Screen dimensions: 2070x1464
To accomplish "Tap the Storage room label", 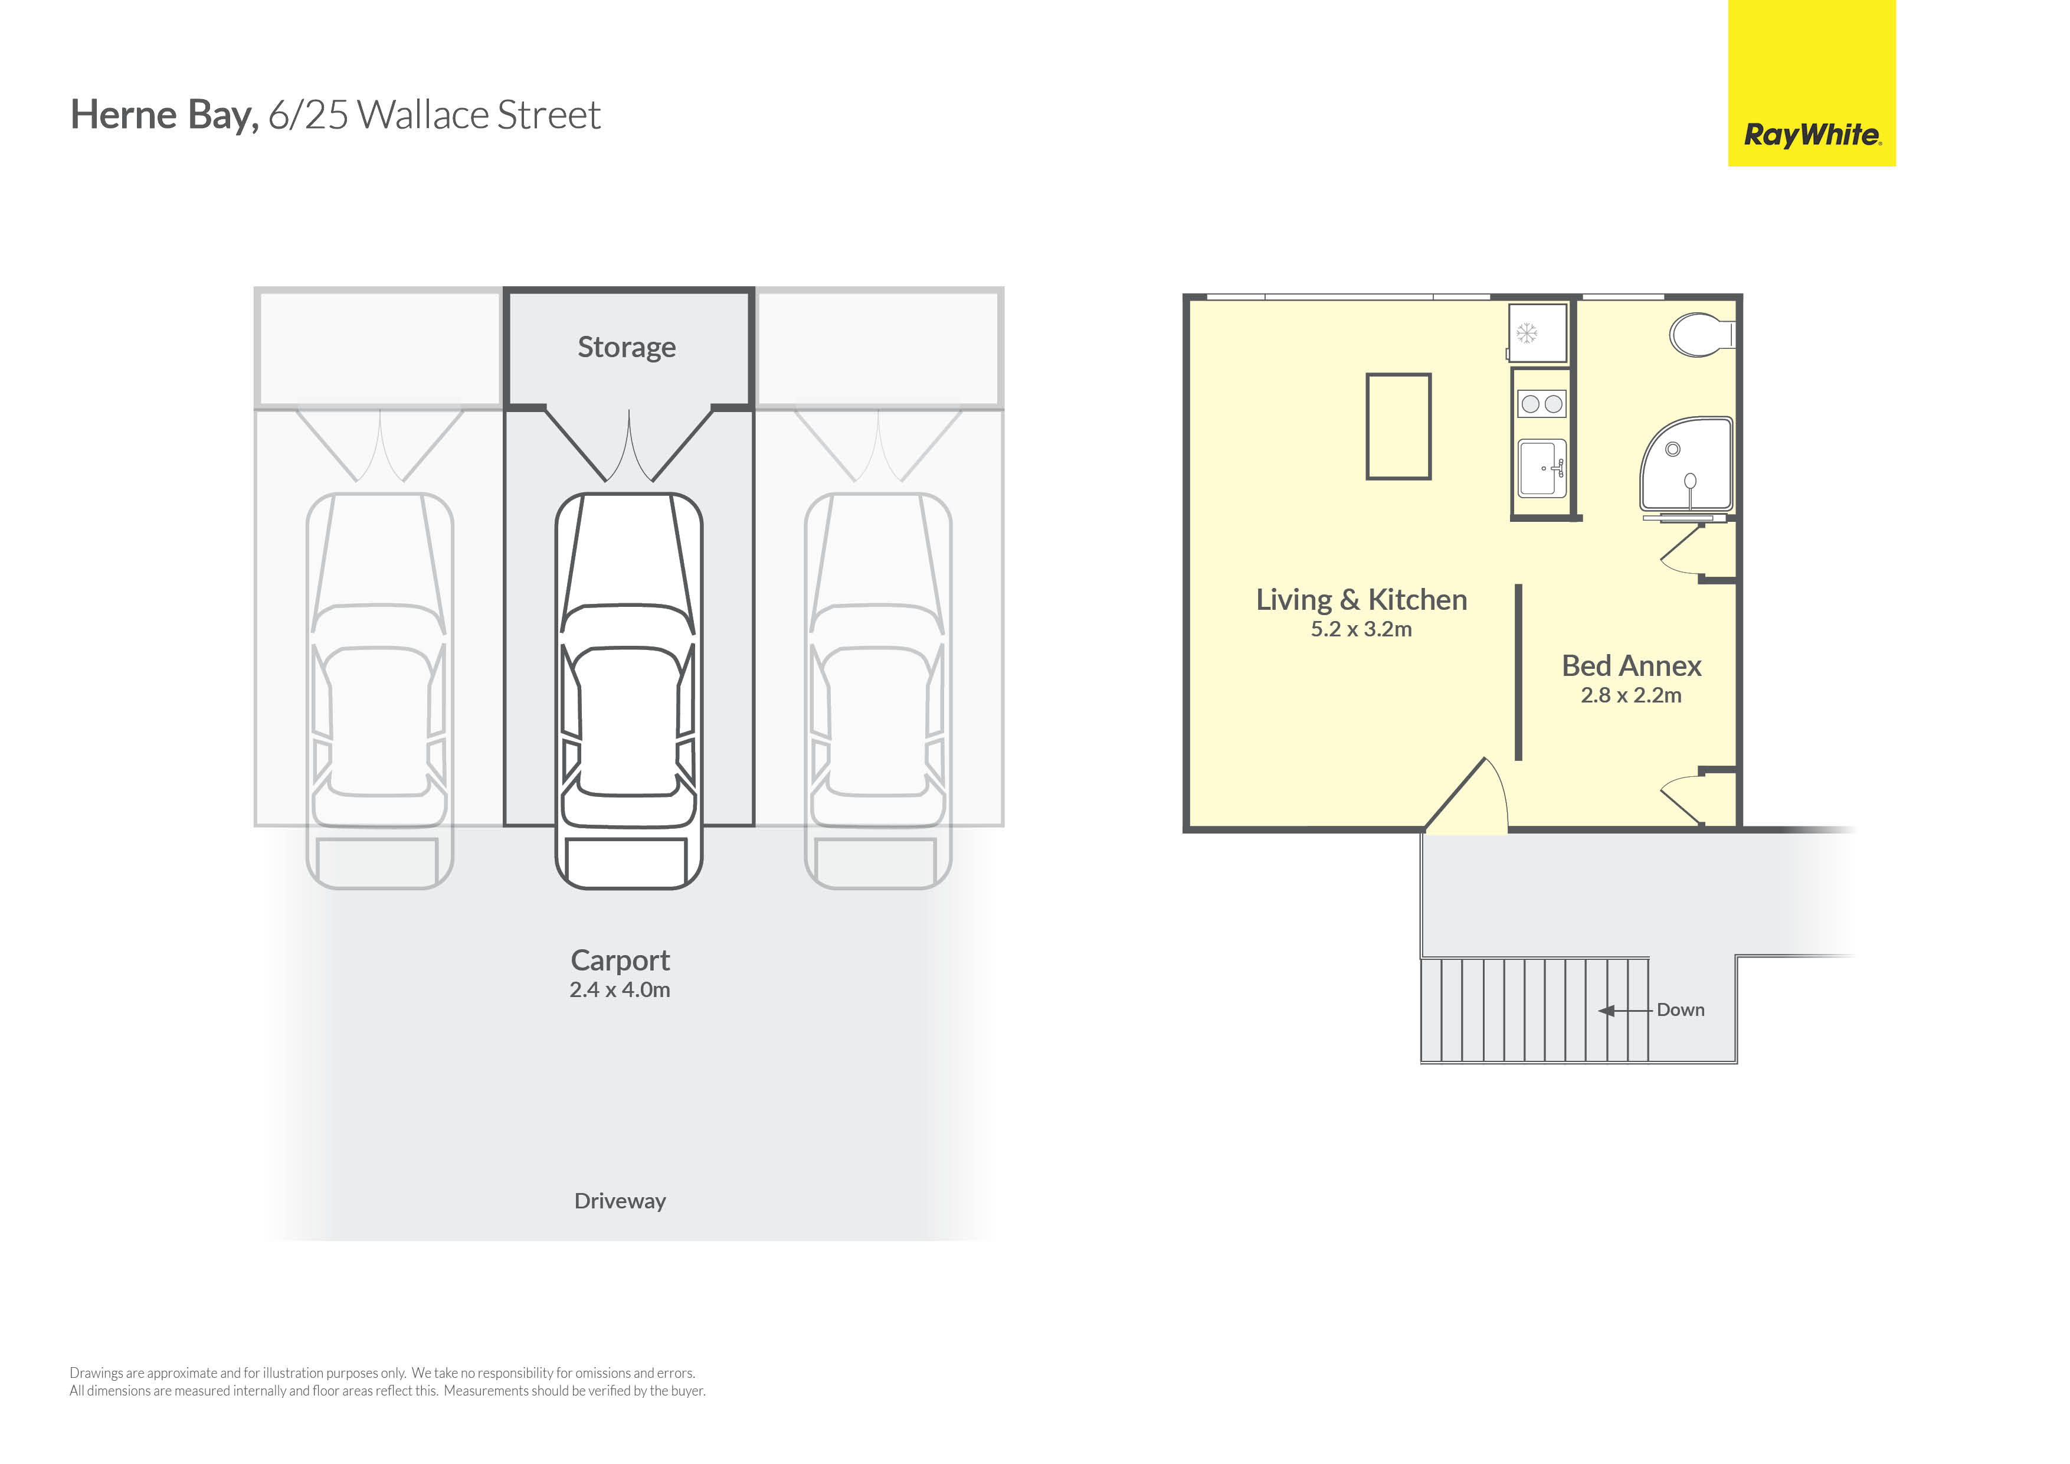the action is (627, 347).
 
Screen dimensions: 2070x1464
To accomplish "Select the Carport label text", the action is (620, 960).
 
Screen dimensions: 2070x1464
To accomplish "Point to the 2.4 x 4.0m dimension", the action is (620, 989).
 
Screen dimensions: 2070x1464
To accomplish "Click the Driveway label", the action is (620, 1201).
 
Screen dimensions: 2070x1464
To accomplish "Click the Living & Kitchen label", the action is (1361, 600).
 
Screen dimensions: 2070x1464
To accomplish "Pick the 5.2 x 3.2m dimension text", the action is (1361, 630).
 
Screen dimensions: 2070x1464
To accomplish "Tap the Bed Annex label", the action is (1631, 666).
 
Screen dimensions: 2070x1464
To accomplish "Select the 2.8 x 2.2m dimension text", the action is (1631, 695).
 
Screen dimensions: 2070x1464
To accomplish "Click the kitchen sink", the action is (1542, 468).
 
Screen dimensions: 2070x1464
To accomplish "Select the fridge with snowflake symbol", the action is (1538, 333).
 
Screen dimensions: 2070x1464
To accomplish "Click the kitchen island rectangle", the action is (1398, 427).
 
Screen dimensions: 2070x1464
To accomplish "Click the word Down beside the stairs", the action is (1681, 1010).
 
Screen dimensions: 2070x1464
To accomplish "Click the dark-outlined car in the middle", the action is (628, 691).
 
